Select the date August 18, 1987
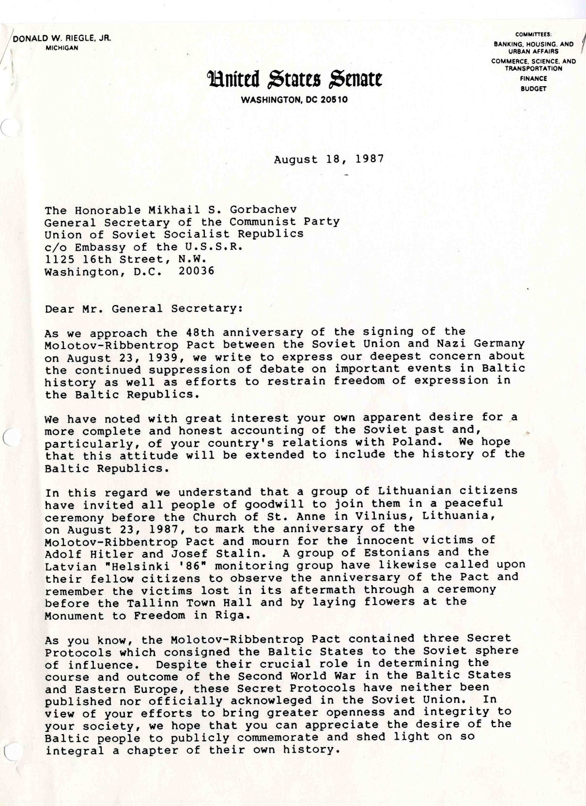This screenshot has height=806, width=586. point(329,159)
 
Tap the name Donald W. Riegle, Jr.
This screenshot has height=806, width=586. point(62,39)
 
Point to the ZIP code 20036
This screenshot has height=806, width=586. point(196,271)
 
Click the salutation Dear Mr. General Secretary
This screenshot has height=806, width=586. point(143,308)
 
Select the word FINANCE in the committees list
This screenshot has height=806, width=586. point(534,78)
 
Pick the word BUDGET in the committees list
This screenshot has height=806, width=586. point(534,89)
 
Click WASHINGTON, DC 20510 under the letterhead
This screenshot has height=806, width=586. point(294,100)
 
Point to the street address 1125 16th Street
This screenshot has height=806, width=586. point(107,259)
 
